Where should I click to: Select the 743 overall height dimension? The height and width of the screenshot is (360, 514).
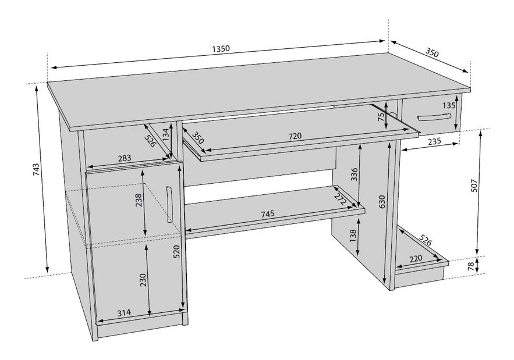(36, 170)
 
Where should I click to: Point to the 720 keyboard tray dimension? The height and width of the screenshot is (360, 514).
(295, 136)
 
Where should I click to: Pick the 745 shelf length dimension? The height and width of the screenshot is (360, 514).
(267, 214)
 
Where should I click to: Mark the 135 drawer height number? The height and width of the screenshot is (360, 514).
(448, 106)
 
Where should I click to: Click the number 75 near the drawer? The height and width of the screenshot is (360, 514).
(381, 117)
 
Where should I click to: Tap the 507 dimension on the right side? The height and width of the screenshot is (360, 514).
(474, 184)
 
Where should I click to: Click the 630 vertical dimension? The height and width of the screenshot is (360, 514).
(382, 201)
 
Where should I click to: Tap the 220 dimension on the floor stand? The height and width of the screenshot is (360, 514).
(416, 259)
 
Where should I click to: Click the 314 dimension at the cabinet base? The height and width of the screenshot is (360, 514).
(123, 312)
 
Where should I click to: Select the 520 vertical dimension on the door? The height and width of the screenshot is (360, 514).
(176, 251)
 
